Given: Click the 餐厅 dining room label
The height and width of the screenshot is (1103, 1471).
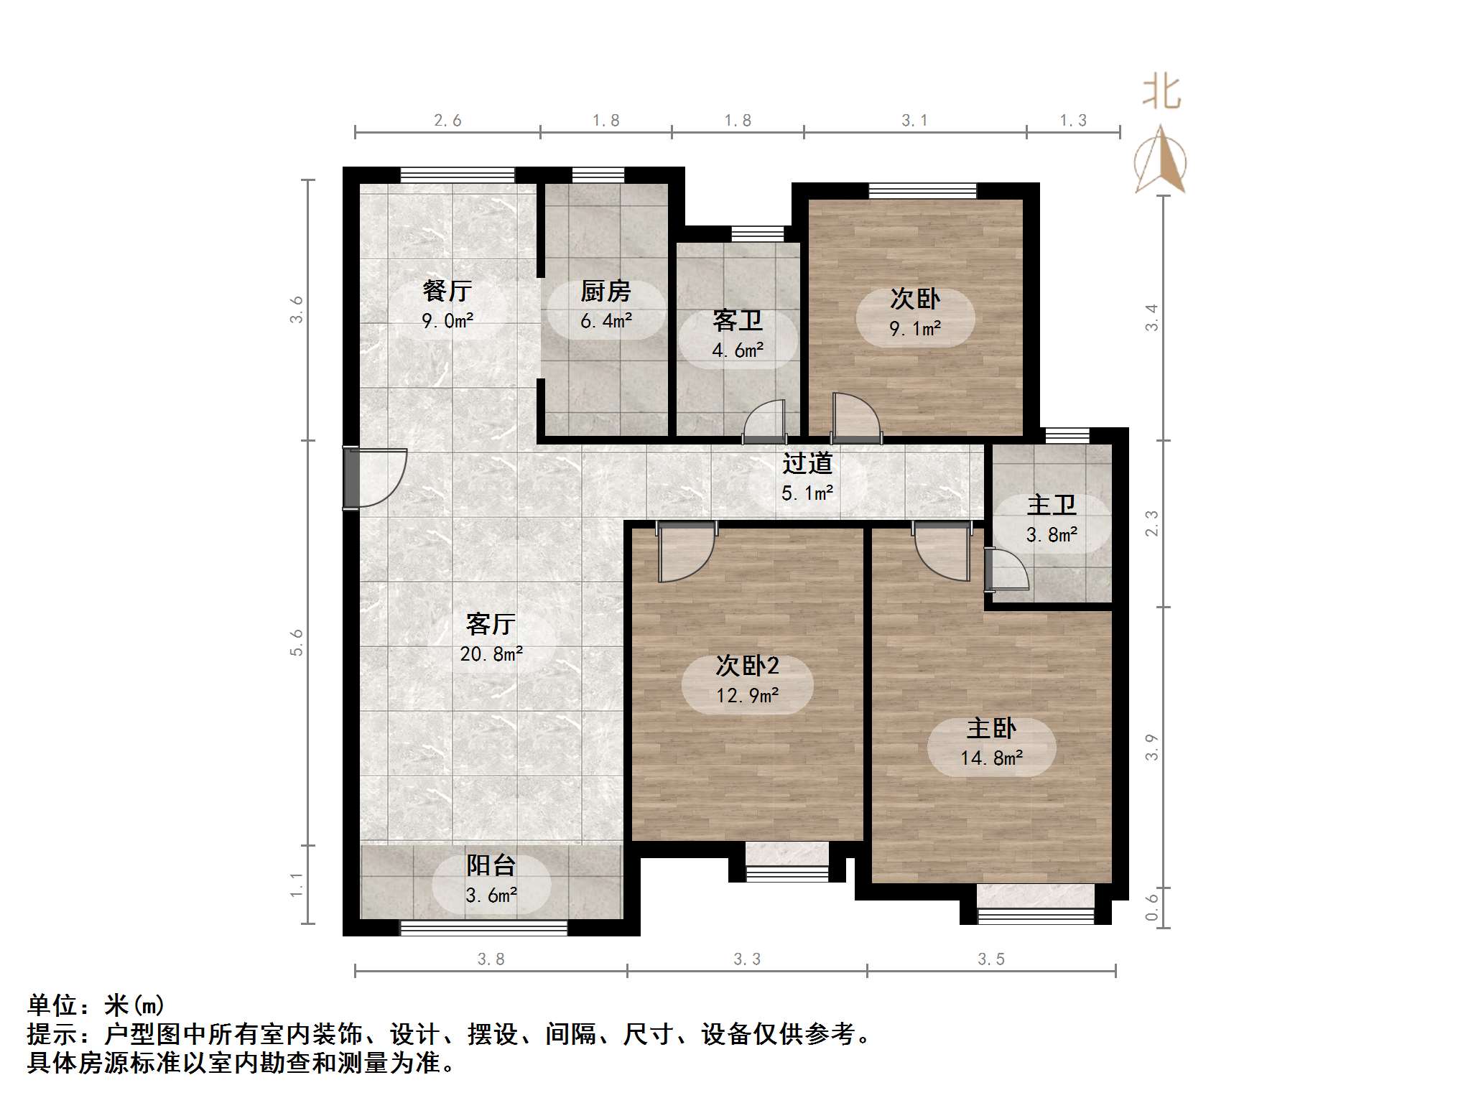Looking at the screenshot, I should click(x=447, y=291).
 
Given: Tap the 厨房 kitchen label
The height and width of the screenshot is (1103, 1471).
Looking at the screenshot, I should click(x=605, y=291).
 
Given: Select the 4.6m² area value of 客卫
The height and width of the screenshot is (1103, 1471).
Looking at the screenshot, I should click(x=738, y=350).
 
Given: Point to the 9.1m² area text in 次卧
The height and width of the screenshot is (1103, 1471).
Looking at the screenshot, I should click(x=915, y=329).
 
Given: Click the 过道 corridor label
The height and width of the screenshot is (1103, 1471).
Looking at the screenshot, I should click(x=807, y=463).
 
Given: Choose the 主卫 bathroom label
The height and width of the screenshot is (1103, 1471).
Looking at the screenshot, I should click(x=1052, y=505).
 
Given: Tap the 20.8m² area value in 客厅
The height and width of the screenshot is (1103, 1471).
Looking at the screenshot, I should click(x=491, y=653).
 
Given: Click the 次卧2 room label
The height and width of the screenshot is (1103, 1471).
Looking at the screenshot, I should click(x=747, y=666).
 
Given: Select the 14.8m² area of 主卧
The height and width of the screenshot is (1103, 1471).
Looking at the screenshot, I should click(x=991, y=758).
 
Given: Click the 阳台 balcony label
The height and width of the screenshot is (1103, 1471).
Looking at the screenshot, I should click(x=491, y=865).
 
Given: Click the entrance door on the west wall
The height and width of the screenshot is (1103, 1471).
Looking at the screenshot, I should click(x=373, y=478).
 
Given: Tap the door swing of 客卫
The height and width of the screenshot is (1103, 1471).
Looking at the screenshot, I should click(x=764, y=420).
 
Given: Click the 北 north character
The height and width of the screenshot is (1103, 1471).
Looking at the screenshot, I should click(x=1161, y=93).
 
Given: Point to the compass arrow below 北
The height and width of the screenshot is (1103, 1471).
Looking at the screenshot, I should click(x=1160, y=162).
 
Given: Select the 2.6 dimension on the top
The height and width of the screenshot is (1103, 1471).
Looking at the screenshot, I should click(x=447, y=121).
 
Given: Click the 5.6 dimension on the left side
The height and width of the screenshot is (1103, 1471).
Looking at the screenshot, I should click(x=297, y=642).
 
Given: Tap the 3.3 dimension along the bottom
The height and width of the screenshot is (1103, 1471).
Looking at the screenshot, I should click(x=747, y=959).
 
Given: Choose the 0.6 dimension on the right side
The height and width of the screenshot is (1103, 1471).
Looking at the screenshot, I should click(x=1151, y=907).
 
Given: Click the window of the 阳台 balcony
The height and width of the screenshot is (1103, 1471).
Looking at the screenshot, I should click(x=483, y=928).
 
